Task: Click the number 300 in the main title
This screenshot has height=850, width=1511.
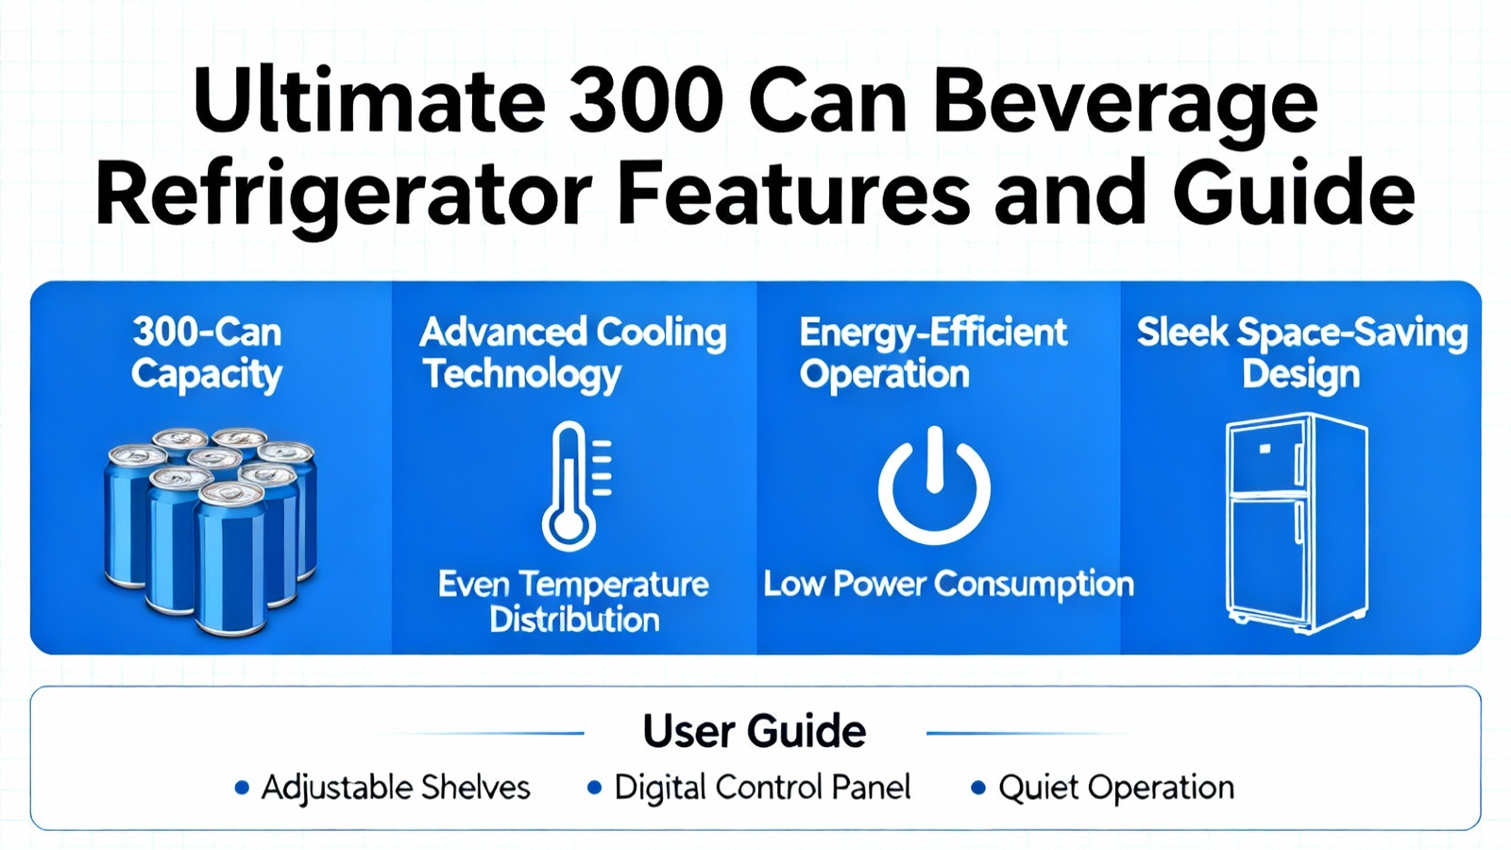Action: coord(646,100)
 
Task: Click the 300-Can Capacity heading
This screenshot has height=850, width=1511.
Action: coord(207,353)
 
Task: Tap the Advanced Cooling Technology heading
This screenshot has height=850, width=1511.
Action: coord(572,353)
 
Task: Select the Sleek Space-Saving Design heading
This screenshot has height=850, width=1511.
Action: coord(1302,353)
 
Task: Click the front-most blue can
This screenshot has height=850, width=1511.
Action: coord(230,560)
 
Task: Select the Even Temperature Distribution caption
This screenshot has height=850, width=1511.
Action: coord(573,602)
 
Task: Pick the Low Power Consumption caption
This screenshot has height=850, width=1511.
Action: coord(948,585)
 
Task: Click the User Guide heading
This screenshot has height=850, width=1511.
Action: coord(755,731)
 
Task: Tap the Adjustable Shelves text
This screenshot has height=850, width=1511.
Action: coord(396,788)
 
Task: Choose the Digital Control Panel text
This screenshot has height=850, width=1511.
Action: coord(762,788)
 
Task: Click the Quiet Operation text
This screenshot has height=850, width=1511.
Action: coord(1116,788)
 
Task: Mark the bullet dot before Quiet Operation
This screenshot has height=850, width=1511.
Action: coord(978,788)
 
